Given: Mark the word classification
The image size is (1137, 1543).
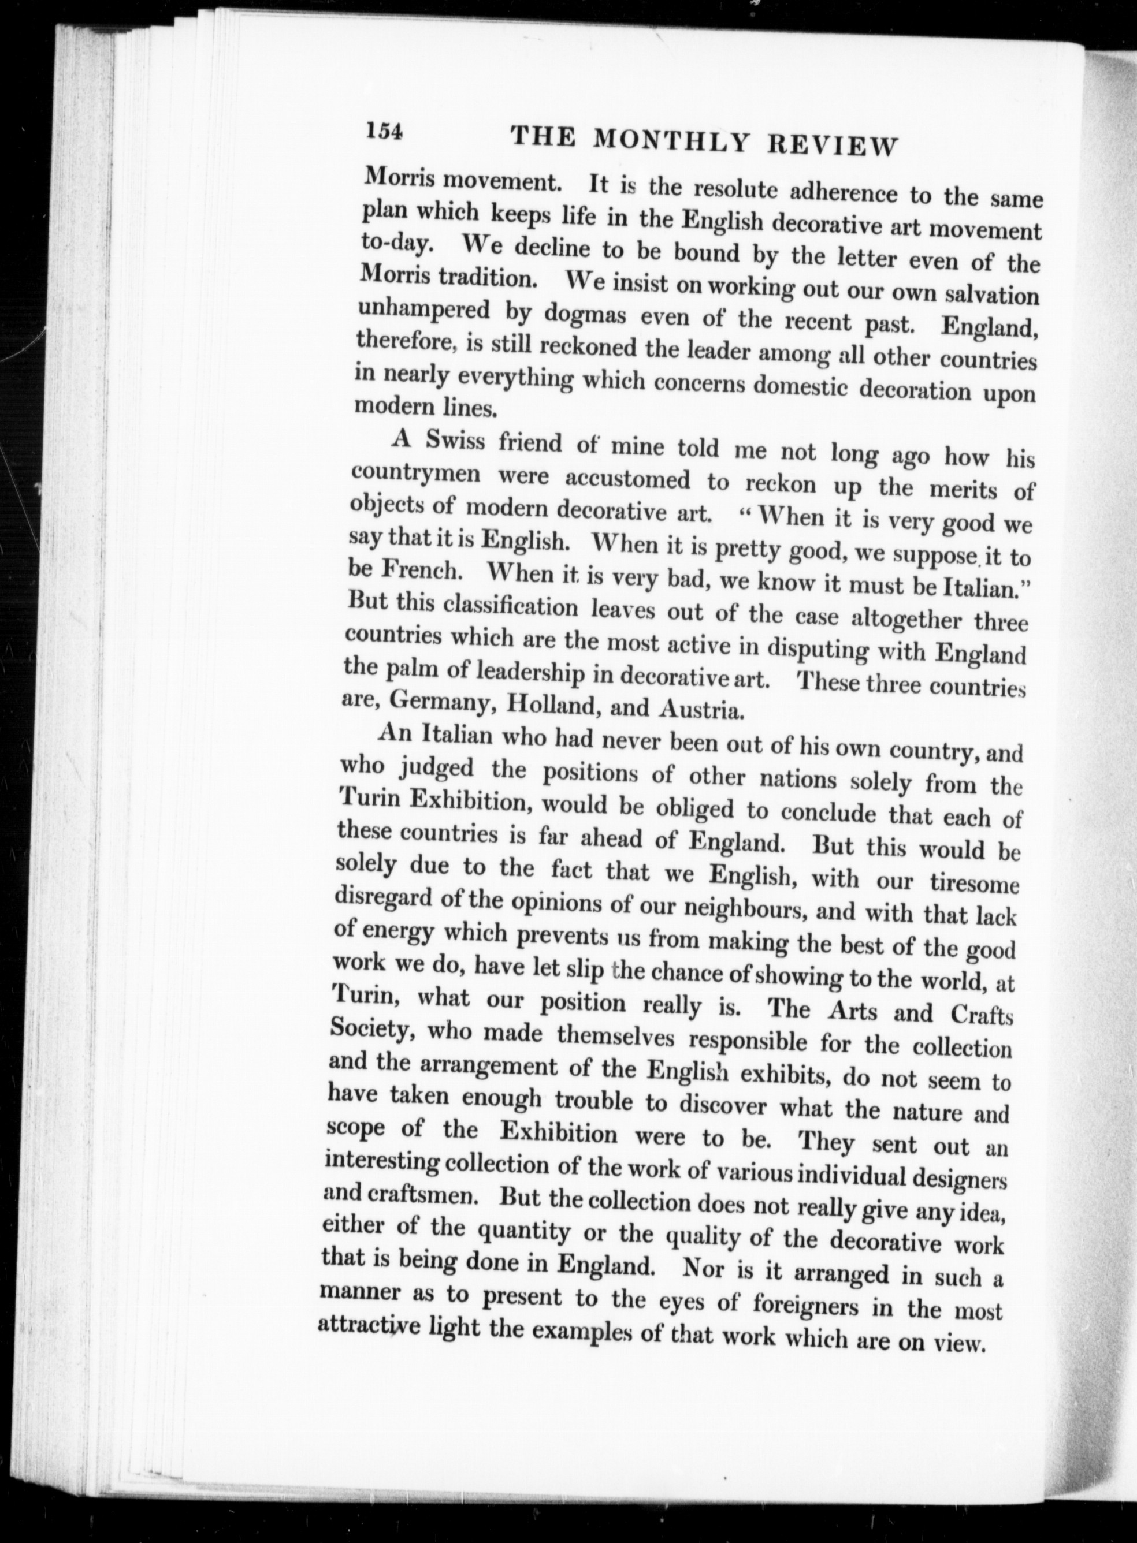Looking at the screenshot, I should click(511, 607).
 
